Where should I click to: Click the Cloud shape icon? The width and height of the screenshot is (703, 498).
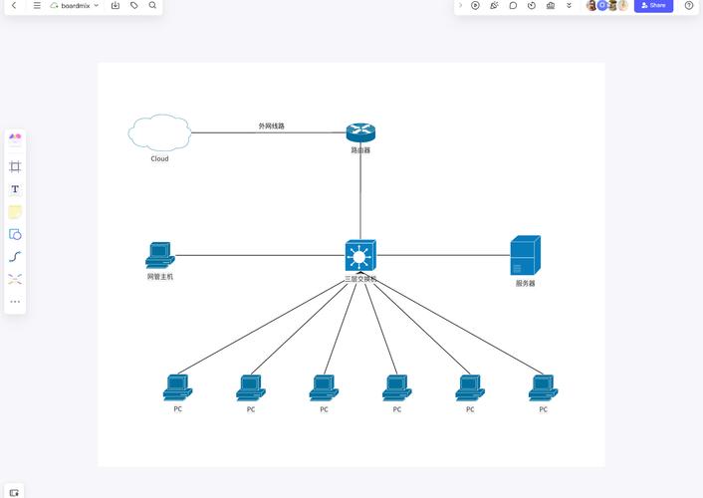coord(159,132)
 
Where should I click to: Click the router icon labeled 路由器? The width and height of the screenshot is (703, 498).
coord(360,132)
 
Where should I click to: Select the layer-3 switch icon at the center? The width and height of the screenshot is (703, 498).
coord(360,256)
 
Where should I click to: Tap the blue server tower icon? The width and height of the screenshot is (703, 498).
coord(525,255)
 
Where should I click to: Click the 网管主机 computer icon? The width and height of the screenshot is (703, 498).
coord(159,255)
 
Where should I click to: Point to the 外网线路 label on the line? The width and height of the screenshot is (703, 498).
coord(272,126)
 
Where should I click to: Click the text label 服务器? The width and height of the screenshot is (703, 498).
coord(525,283)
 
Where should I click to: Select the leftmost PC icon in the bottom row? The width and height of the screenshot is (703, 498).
coord(177,387)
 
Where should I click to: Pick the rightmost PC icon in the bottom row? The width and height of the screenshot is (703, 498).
coord(543,387)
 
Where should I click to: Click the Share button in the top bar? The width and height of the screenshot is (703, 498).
coord(653,5)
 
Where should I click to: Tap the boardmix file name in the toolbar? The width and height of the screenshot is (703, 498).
coord(75,5)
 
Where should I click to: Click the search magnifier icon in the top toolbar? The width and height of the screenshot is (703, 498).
coord(152,5)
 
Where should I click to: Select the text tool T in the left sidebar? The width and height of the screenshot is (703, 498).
coord(15,189)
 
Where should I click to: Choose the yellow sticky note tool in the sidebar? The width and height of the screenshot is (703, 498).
coord(15,212)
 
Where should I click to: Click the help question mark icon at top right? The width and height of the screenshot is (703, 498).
coord(689,5)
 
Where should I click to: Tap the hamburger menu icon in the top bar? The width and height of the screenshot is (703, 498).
coord(37,5)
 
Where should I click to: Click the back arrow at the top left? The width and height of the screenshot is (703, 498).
coord(14,5)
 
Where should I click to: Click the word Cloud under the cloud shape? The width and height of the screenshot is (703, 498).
coord(159,158)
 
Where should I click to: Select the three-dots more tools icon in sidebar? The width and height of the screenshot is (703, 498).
coord(15,302)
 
